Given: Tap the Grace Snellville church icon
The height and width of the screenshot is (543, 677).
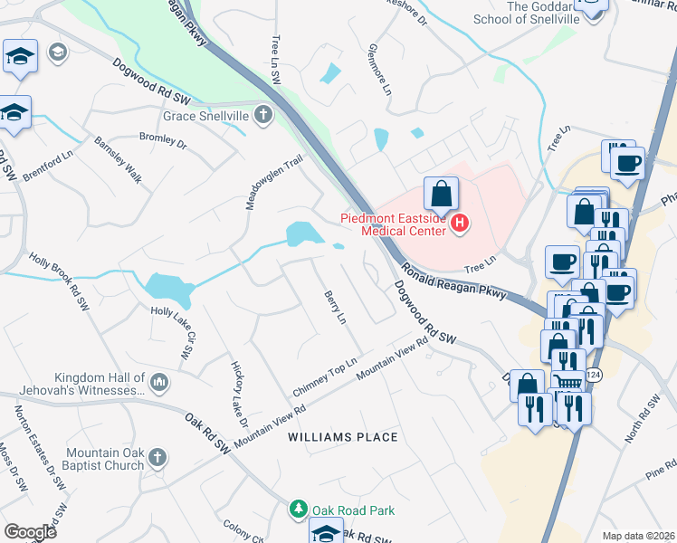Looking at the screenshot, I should pyautogui.click(x=262, y=115).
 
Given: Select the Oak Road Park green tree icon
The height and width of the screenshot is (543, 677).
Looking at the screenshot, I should pyautogui.click(x=299, y=510).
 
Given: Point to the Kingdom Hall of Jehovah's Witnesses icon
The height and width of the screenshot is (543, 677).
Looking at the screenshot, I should pyautogui.click(x=159, y=384).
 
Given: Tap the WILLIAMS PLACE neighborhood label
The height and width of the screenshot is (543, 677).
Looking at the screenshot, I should pyautogui.click(x=343, y=437).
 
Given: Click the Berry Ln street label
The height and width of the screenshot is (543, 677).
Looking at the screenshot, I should pyautogui.click(x=335, y=308).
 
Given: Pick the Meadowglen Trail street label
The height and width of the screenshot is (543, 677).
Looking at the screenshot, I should pyautogui.click(x=275, y=181).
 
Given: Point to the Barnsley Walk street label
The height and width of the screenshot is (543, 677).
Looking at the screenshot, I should pyautogui.click(x=119, y=160).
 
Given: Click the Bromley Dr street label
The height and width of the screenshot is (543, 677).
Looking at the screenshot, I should pyautogui.click(x=163, y=141).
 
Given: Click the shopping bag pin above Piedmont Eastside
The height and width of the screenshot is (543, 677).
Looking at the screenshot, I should pyautogui.click(x=441, y=194).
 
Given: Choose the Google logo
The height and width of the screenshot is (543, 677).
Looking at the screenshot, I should pyautogui.click(x=31, y=532).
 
